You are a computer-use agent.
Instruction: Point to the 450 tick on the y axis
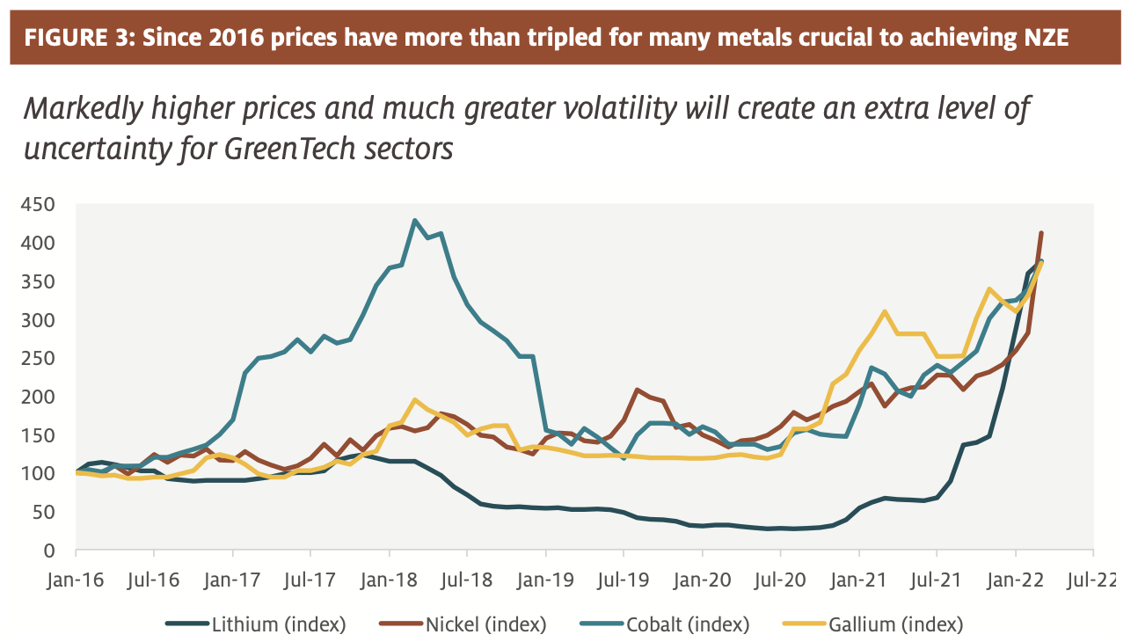coord(39,205)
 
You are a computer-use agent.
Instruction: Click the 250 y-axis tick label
coord(39,359)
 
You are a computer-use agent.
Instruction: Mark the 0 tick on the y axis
coord(51,551)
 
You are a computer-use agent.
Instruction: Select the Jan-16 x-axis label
coord(76,581)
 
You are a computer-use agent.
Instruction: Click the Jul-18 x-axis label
coord(466,581)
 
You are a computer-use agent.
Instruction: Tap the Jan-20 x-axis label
coord(701,581)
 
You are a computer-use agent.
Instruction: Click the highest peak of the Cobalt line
coord(415,220)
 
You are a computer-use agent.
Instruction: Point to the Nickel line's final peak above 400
coord(1041,233)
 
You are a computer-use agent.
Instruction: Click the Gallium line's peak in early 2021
coord(885,311)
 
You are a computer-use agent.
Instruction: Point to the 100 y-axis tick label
coord(39,474)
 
